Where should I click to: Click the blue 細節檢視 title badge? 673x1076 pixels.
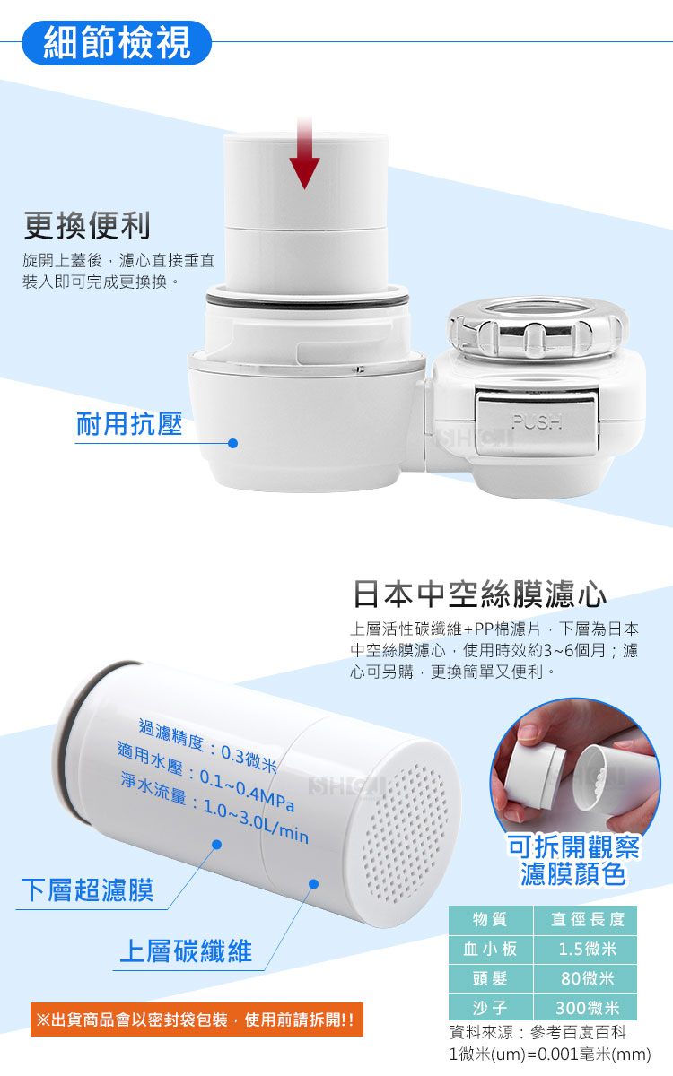coord(117,43)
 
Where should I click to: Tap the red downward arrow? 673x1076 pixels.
coord(304,152)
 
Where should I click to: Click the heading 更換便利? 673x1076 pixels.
coord(88,225)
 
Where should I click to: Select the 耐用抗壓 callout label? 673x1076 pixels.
coord(129,423)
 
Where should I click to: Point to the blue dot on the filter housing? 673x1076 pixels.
coord(233,443)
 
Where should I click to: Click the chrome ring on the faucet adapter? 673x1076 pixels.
coord(538,326)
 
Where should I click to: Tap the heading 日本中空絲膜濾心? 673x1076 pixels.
coord(479,594)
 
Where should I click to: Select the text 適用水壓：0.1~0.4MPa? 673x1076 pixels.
coord(205,777)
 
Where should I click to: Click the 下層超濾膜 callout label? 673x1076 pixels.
coord(88,890)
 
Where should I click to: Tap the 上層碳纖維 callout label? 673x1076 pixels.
coord(186,951)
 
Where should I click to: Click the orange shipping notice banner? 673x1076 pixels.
coord(197,1020)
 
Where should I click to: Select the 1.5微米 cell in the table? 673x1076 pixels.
coord(587,949)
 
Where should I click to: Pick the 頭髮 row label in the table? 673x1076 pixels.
coord(490,978)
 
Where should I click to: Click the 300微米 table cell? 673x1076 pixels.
coord(587,1007)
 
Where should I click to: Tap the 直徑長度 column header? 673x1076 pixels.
coord(587,919)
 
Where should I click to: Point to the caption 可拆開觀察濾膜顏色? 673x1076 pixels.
coord(573,860)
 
